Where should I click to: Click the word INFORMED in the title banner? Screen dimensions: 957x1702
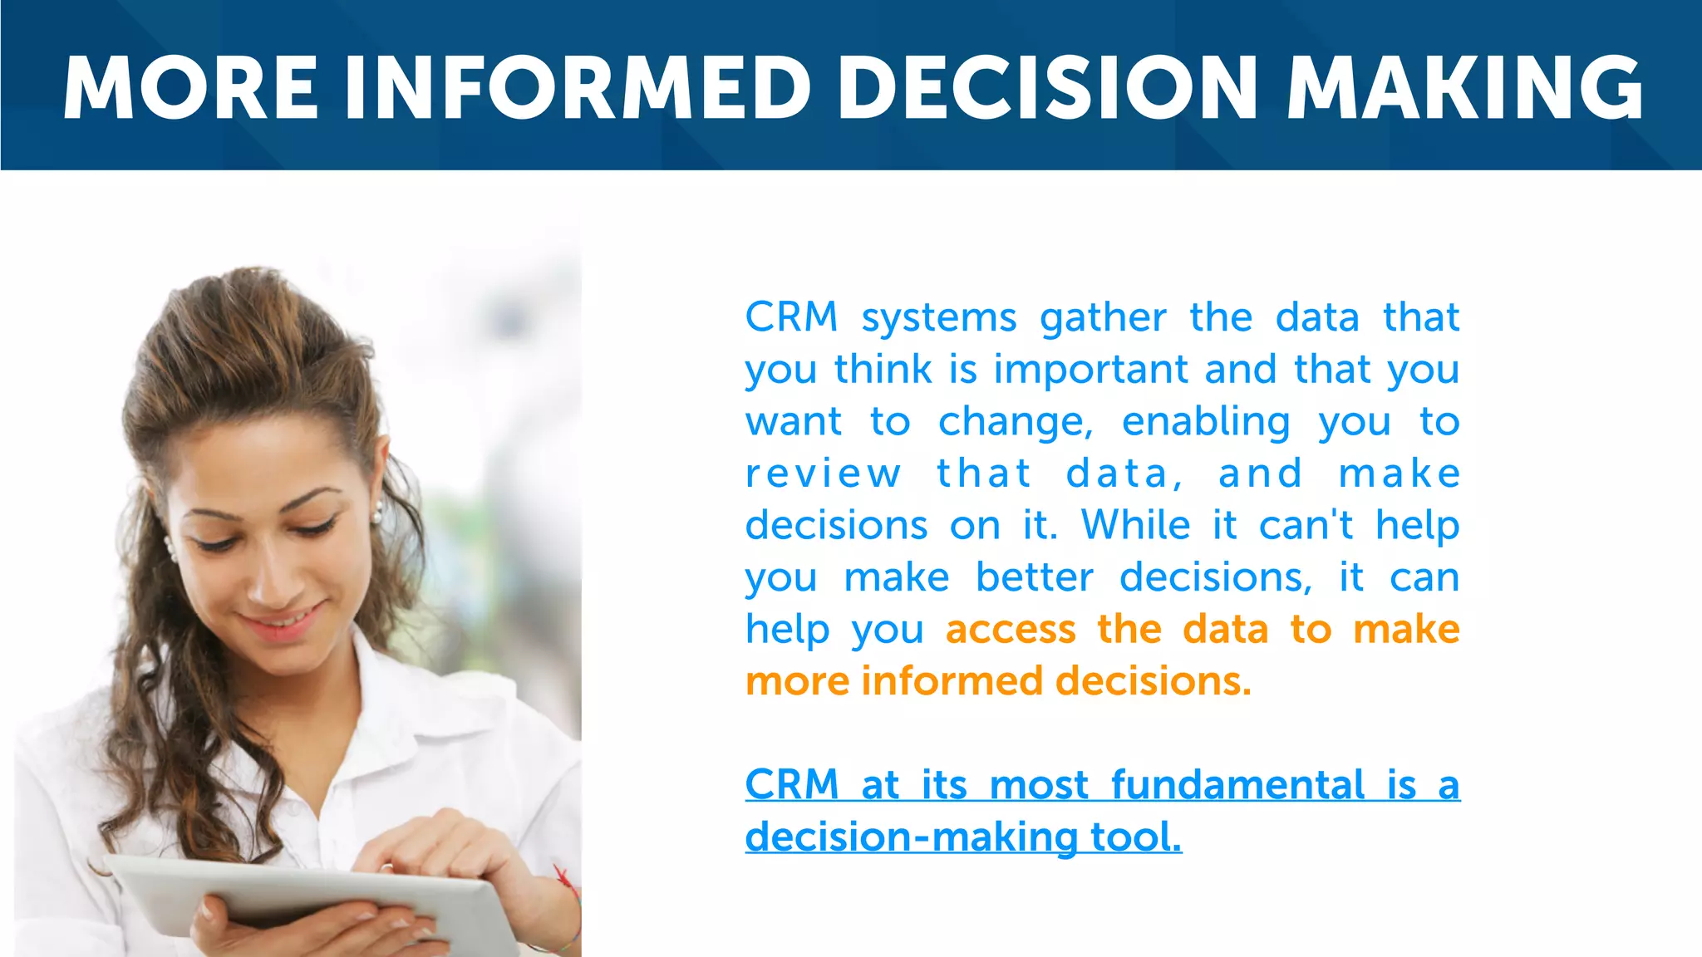[x=578, y=88]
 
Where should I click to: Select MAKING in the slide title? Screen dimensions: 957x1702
[x=1464, y=88]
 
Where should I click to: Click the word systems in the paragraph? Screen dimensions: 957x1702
[x=938, y=319]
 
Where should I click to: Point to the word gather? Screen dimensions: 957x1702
[x=1103, y=319]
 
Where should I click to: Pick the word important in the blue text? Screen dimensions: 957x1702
[x=1091, y=370]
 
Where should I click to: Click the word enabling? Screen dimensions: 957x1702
[x=1206, y=423]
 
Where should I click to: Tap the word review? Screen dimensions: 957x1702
[x=823, y=474]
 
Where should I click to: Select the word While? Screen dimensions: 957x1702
[x=1136, y=526]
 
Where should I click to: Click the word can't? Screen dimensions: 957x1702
[x=1306, y=526]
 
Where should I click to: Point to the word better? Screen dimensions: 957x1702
[x=1035, y=577]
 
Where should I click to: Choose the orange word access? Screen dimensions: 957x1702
[x=1011, y=630]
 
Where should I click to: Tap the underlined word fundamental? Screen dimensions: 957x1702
[x=1237, y=785]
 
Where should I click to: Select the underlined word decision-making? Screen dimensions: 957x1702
[x=912, y=837]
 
